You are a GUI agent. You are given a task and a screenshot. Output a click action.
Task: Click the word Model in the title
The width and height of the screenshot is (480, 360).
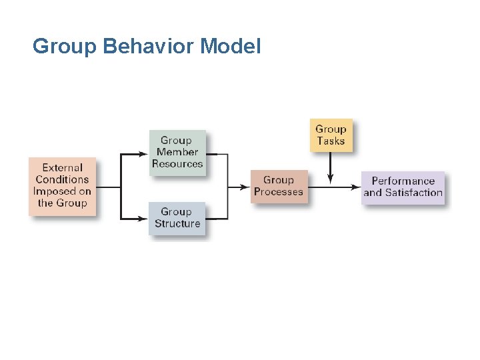pos(230,47)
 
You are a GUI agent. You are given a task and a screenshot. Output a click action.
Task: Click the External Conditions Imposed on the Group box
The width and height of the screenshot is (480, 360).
pos(62,186)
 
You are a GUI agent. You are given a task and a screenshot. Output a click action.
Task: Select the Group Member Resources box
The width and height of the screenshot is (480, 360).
pos(177,153)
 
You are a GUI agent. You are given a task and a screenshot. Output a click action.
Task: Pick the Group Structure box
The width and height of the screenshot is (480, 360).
pos(177,218)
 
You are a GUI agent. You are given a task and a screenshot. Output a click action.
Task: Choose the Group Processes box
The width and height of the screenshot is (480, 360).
pos(279,186)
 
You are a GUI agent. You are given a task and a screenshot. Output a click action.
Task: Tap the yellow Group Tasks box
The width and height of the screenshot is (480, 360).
pos(331,135)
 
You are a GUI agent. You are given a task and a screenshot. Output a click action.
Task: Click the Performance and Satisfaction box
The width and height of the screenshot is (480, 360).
pos(403,187)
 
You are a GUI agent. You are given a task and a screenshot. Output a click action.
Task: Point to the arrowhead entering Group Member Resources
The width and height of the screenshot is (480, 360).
pos(143,154)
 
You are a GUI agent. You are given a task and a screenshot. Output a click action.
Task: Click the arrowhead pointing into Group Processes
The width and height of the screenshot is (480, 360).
pos(245,187)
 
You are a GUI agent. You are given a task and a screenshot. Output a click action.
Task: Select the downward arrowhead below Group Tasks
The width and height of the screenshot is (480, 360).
pos(331,181)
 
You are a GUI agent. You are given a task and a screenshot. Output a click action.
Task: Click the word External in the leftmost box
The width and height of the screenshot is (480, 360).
pos(63,168)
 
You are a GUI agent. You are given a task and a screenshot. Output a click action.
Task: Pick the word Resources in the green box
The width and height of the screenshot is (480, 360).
pos(177,164)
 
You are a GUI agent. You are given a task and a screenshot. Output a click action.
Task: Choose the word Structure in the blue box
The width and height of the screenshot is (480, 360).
pos(177,224)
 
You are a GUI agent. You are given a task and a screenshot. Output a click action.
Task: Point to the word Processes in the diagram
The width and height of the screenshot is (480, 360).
pos(279,192)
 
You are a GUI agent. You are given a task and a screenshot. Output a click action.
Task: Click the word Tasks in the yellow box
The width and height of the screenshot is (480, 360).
pos(331,141)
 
